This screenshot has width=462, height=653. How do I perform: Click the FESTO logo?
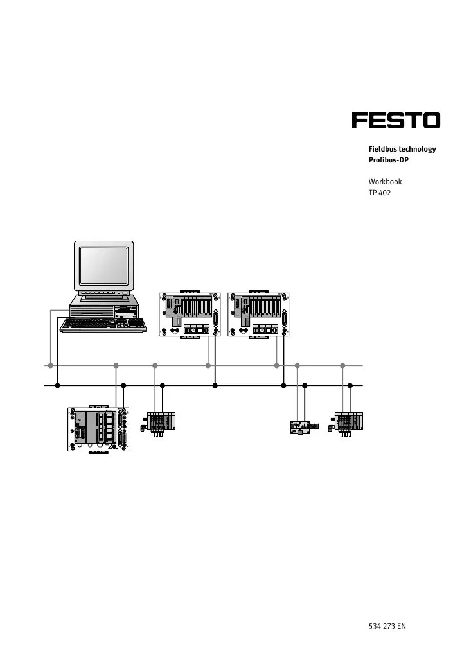pos(395,121)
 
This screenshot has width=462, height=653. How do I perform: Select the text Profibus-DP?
pos(388,160)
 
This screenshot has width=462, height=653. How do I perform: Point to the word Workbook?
pos(385,182)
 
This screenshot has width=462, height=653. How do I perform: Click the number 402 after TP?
pos(385,193)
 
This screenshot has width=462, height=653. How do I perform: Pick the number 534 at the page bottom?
pos(375,626)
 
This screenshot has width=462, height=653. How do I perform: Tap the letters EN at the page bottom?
pos(402,626)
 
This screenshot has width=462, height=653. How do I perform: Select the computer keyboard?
pos(103,326)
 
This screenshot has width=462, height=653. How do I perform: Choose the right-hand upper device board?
pos(259,315)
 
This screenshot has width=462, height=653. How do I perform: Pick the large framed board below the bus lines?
pos(99,429)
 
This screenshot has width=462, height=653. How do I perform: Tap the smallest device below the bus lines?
pos(300,428)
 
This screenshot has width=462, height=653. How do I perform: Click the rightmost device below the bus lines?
pos(349,422)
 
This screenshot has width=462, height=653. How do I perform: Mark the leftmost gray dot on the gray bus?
pos(50,366)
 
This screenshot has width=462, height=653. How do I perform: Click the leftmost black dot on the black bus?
pos(57,386)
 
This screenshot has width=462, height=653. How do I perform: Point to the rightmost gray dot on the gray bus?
pos(342,366)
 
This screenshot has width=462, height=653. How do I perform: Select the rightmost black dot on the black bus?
pos(350,386)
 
